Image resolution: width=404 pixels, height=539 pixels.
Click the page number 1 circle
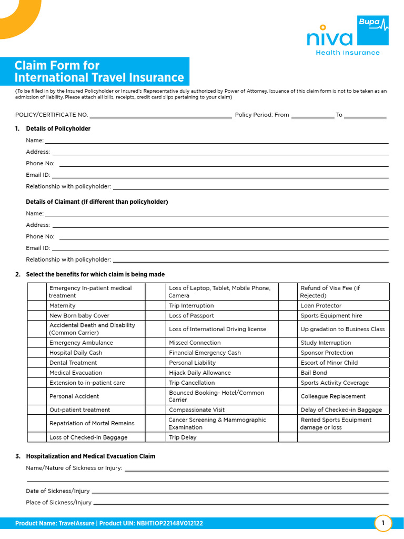coord(383,523)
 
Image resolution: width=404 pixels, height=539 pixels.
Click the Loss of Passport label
coord(191,316)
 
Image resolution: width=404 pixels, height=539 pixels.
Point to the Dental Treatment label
coord(73,363)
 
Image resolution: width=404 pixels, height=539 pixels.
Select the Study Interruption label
coord(326,343)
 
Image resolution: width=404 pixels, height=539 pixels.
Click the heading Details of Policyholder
coord(58,129)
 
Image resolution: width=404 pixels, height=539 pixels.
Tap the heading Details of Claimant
coord(97,202)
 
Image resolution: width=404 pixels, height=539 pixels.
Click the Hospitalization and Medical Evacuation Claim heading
coord(90,456)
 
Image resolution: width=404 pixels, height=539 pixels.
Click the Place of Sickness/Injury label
coord(58,503)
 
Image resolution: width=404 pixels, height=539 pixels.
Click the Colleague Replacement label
coord(333,396)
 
